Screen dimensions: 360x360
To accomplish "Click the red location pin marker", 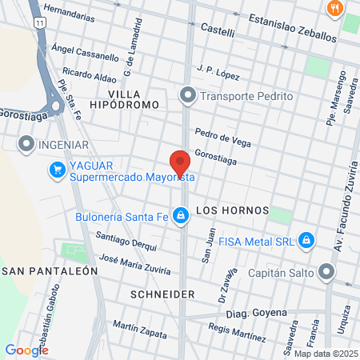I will [180, 163].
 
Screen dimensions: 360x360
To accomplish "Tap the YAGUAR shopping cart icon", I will [57, 170].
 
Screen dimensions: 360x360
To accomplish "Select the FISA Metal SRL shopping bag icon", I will [306, 240].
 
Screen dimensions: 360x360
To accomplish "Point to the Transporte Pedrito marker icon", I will [188, 96].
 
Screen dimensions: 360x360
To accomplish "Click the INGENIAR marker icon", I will [26, 146].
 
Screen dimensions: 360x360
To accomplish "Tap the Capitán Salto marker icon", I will [326, 273].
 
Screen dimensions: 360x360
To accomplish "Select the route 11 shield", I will [39, 26].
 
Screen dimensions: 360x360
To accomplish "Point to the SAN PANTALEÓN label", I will [50, 270].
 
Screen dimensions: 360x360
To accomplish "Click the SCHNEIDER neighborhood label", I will [161, 294].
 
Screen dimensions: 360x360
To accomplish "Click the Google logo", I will [26, 350].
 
